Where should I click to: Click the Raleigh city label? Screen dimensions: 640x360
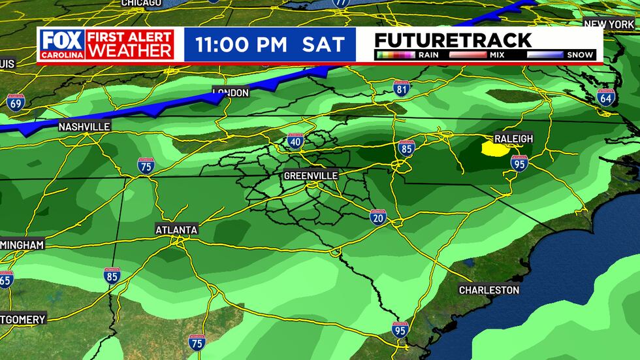click(x=514, y=139)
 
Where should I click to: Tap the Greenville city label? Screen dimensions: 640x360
click(x=311, y=176)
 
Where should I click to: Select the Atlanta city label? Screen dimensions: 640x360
click(x=176, y=230)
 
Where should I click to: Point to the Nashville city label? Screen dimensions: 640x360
click(x=84, y=127)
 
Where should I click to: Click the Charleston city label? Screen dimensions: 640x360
click(x=489, y=289)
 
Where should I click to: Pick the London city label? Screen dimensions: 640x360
click(x=231, y=93)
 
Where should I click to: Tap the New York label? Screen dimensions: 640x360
click(x=608, y=24)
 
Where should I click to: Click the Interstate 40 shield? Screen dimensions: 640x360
click(x=295, y=140)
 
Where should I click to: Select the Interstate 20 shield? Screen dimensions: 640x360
click(x=377, y=216)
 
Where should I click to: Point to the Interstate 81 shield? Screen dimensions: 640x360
click(x=402, y=88)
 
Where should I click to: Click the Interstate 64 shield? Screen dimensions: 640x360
click(x=605, y=97)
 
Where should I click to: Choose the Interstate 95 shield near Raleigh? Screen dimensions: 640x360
click(x=519, y=163)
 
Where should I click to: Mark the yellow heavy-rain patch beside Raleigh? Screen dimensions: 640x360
click(x=495, y=150)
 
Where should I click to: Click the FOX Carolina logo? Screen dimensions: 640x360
click(x=62, y=44)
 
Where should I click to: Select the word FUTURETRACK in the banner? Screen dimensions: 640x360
click(x=453, y=39)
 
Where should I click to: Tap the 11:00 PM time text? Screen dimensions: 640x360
click(x=242, y=45)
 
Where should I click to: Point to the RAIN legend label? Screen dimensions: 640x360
click(x=428, y=55)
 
